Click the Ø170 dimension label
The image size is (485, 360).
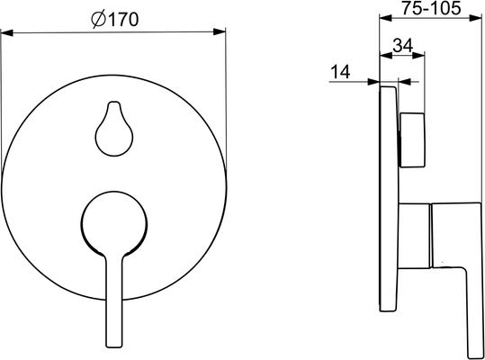point(115,20)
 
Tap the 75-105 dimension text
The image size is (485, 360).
point(431,8)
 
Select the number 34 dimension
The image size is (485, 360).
point(403,46)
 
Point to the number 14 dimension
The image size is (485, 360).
point(340,72)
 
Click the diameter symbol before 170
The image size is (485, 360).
point(99,20)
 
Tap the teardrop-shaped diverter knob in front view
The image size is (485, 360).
point(114,129)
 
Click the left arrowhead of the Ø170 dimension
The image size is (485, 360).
point(7,32)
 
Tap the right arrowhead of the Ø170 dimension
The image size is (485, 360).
point(220,31)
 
